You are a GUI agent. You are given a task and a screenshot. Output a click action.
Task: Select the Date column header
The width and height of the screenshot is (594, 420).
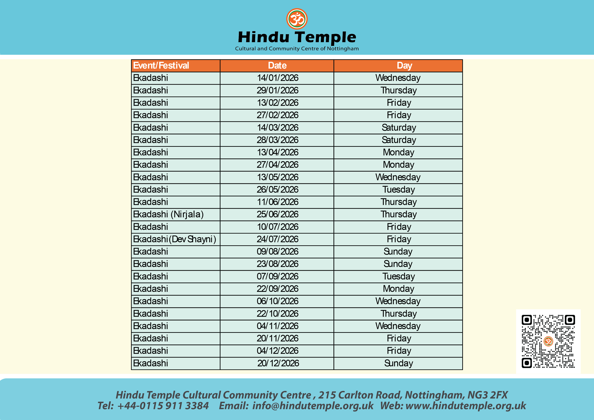pyautogui.click(x=277, y=66)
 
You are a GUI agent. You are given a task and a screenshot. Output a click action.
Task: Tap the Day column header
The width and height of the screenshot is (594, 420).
pyautogui.click(x=404, y=66)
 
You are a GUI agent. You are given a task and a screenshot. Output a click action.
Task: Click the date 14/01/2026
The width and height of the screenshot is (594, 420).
pyautogui.click(x=277, y=78)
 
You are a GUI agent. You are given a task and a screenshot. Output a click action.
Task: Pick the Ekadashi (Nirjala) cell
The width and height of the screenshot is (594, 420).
pyautogui.click(x=168, y=214)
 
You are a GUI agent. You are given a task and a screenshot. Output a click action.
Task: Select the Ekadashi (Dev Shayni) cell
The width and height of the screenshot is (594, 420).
pyautogui.click(x=174, y=239)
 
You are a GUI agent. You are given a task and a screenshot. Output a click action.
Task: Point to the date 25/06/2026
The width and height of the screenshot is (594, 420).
pyautogui.click(x=277, y=214)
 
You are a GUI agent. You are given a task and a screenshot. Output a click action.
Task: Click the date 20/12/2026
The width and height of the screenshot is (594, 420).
pyautogui.click(x=278, y=363)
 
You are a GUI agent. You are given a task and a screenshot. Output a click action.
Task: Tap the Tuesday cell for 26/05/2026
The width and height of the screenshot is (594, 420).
pyautogui.click(x=398, y=190)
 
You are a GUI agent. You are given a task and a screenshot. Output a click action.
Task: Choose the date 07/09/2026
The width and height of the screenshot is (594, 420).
pyautogui.click(x=277, y=276)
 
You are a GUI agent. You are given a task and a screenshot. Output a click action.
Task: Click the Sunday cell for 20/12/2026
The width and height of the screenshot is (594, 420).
pyautogui.click(x=398, y=363)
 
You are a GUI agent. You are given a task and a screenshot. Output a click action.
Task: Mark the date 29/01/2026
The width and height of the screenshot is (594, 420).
pyautogui.click(x=277, y=90)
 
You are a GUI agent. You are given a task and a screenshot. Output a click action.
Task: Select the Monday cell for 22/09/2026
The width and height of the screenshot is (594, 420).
pyautogui.click(x=398, y=289)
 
